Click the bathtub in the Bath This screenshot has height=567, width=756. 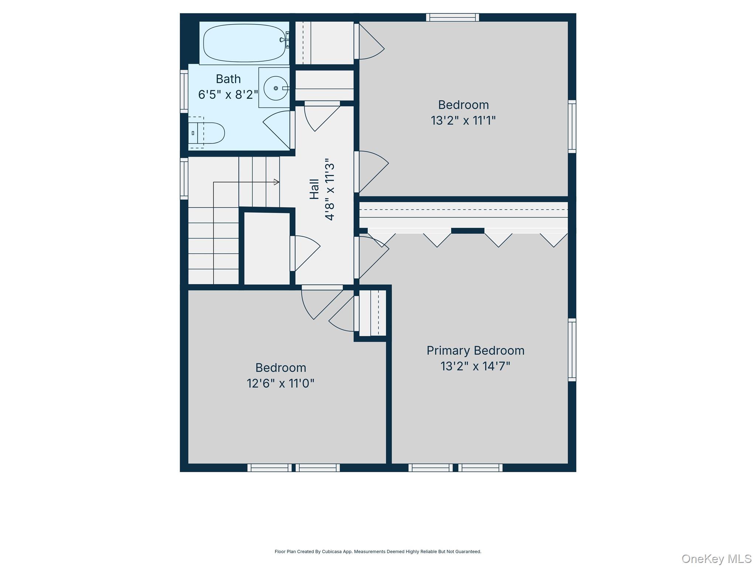coord(244,43)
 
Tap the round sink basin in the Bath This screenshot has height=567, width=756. coord(276,88)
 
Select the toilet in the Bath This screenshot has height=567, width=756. coord(206,133)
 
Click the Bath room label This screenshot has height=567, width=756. coord(228,79)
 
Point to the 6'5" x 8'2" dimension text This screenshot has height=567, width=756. coord(228,95)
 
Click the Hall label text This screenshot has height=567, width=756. coord(314,189)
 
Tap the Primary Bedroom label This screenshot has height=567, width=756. coord(475,351)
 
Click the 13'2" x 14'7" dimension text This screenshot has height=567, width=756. coord(475,366)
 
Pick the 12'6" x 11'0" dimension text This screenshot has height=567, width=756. coord(281,384)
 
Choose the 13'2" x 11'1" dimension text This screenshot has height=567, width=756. coord(463,120)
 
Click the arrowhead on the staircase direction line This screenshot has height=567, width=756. coord(277,182)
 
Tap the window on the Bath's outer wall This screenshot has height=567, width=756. coord(184,91)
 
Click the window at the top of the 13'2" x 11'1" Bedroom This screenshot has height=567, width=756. coord(453,17)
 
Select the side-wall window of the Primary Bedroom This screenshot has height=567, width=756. coord(572,350)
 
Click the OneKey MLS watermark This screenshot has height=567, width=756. coord(717,559)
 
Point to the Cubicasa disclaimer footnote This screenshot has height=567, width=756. coord(378,551)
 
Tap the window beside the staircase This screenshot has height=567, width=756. coord(184,179)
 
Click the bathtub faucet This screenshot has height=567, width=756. coord(285,40)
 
